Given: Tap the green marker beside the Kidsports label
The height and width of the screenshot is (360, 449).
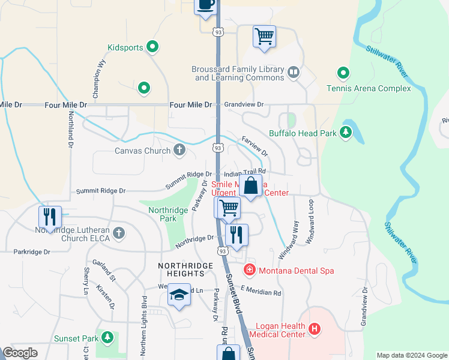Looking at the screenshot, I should click(152, 46).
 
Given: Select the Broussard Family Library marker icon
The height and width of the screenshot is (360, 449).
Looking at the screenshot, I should click(293, 73).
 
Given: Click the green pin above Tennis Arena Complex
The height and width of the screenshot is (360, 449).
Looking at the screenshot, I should click(343, 74).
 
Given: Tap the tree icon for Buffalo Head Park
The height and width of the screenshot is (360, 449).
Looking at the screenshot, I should click(346, 133).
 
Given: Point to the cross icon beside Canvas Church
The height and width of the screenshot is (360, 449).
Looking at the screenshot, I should click(179, 150).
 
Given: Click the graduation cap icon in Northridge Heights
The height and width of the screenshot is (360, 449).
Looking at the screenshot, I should click(179, 295).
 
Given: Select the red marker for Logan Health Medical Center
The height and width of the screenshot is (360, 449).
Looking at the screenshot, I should click(315, 329).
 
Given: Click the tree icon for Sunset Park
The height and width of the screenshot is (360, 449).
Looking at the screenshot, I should click(107, 338).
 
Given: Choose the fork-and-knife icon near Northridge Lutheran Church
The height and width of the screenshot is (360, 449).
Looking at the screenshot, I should click(50, 217).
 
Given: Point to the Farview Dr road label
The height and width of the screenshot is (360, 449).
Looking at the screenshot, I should click(255, 145).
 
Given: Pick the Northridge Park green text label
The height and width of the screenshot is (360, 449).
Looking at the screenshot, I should click(163, 214).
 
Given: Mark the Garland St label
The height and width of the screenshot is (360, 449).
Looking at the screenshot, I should click(103, 271).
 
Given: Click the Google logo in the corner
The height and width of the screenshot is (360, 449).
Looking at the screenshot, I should click(20, 353).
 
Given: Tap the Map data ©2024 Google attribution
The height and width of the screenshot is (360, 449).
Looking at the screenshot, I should click(411, 355).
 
